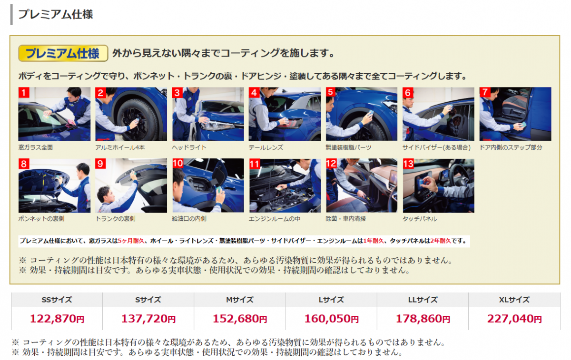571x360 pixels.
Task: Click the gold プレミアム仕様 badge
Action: point(63,53)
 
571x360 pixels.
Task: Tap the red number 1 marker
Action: point(24,92)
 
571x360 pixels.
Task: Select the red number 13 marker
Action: point(408,164)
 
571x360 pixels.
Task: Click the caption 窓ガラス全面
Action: point(36,147)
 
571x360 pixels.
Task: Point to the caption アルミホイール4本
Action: point(120,147)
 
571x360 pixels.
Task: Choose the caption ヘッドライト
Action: point(189,147)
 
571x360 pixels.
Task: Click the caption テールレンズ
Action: point(266,147)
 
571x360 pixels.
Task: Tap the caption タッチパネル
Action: point(420,219)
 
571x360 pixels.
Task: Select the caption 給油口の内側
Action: point(189,219)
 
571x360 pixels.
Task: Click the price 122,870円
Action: point(57,319)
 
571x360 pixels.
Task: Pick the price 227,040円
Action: point(514,319)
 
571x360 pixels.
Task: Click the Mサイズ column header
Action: point(240,300)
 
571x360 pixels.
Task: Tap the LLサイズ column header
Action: point(423,300)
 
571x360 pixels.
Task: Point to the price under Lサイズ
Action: point(331,319)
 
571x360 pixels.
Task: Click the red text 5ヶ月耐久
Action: point(131,241)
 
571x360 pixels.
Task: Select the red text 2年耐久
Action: point(441,241)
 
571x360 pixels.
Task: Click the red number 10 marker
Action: point(177,164)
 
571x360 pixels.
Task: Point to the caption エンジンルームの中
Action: point(275,219)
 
